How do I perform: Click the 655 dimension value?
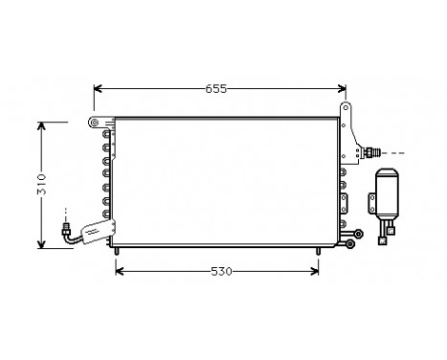[215, 89]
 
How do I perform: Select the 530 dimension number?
[220, 271]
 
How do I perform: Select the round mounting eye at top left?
[93, 123]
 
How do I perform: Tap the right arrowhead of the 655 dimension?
[342, 90]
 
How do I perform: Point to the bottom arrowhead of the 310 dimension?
[41, 244]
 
